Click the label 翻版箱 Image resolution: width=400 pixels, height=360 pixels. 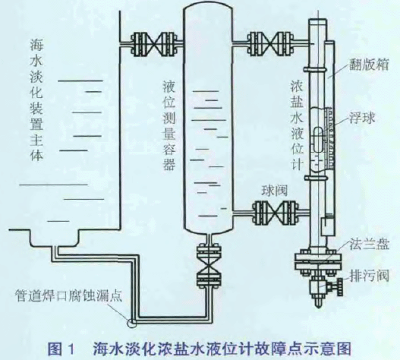pos(369,65)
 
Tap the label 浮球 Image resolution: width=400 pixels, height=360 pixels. pos(362,118)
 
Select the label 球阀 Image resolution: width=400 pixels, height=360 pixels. pos(274,190)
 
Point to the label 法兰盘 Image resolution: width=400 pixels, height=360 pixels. pos(370,245)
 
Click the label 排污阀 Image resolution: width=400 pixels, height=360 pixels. pos(370,276)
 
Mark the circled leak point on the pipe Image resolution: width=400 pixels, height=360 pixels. pos(132,323)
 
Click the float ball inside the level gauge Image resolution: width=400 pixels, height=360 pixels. pos(317,140)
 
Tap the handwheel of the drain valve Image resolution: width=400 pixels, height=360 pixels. pos(339,287)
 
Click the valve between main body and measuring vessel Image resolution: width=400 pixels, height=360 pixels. pos(157,43)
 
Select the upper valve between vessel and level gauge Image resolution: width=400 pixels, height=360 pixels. pos(271,43)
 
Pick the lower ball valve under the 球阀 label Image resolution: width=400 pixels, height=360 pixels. pos(275,213)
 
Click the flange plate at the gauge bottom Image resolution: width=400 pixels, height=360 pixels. pos(318,261)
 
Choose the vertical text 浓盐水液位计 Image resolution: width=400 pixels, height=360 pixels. pos(297,125)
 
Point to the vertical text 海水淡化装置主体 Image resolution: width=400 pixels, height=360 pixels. pos(36,100)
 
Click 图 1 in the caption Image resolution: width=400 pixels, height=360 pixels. pos(61,349)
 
